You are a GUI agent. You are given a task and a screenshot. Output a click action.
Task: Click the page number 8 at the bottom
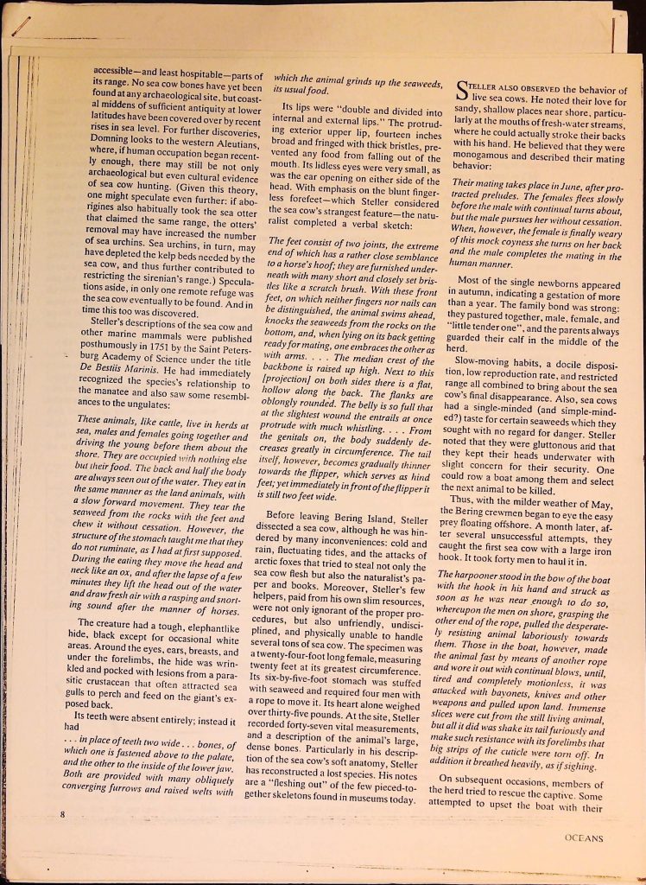click(x=63, y=814)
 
